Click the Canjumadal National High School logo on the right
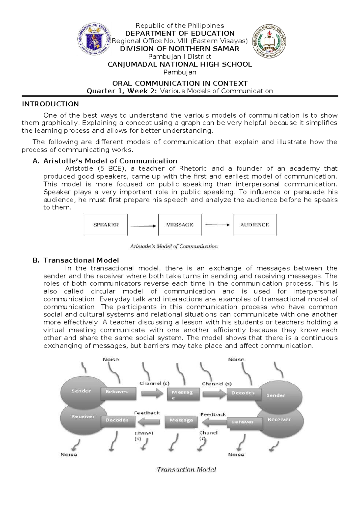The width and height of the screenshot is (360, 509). click(269, 41)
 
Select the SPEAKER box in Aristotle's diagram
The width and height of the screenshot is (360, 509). click(106, 224)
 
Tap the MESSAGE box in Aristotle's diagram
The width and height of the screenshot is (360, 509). click(180, 224)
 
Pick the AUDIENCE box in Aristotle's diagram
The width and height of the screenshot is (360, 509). click(254, 224)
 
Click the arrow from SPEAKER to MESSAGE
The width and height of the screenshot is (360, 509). click(143, 226)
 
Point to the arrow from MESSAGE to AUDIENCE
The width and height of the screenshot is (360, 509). click(217, 225)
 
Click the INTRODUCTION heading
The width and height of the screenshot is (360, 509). click(50, 104)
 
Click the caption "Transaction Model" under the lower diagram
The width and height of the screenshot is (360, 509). click(186, 469)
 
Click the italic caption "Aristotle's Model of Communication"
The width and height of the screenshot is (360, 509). click(174, 246)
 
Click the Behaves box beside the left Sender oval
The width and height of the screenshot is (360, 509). click(117, 392)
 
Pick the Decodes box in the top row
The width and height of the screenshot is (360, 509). click(243, 393)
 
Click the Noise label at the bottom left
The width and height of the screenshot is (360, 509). click(69, 455)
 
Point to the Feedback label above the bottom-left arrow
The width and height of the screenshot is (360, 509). click(147, 413)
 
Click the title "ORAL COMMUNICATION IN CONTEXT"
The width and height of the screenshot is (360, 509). click(180, 83)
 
